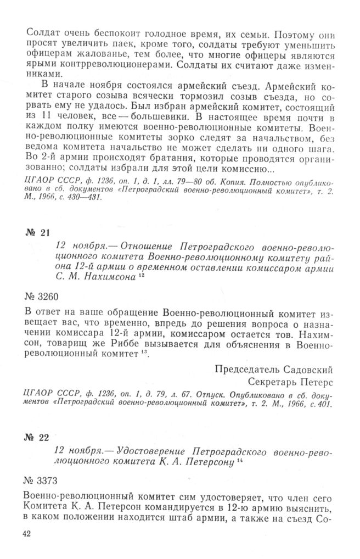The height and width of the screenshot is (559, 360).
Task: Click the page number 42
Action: [27, 533]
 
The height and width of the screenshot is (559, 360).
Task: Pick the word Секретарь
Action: [271, 379]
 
